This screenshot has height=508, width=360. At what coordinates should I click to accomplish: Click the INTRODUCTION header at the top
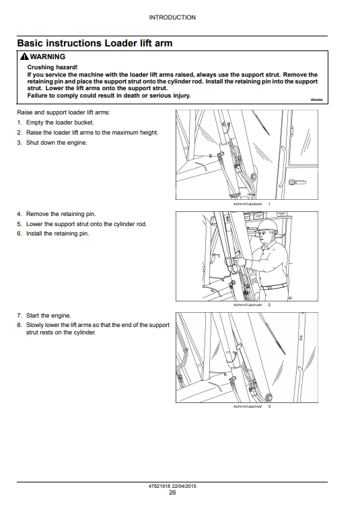pyautogui.click(x=172, y=17)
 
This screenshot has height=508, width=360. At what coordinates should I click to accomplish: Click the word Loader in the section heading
pyautogui.click(x=120, y=43)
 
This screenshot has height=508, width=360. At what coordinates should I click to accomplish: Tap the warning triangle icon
pyautogui.click(x=24, y=57)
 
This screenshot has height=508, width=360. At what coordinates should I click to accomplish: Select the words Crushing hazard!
pyautogui.click(x=52, y=67)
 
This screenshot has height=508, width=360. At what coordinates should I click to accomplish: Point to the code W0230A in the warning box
pyautogui.click(x=316, y=100)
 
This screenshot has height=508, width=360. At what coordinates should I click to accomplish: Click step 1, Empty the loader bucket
pyautogui.click(x=55, y=122)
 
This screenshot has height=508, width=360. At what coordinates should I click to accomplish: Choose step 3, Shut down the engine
pyautogui.click(x=52, y=143)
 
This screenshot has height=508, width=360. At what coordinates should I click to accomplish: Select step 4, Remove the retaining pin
pyautogui.click(x=57, y=214)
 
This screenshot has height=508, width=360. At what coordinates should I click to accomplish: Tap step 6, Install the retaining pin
pyautogui.click(x=52, y=233)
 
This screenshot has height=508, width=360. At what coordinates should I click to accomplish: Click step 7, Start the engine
pyautogui.click(x=44, y=316)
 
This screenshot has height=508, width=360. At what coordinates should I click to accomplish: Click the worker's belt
pyautogui.click(x=274, y=287)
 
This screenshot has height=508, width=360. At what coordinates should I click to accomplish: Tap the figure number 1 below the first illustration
pyautogui.click(x=269, y=204)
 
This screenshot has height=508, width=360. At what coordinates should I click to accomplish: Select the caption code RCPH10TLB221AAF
pyautogui.click(x=248, y=305)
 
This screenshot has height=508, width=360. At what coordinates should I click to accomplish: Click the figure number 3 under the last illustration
pyautogui.click(x=269, y=406)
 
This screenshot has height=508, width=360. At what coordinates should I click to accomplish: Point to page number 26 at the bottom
pyautogui.click(x=172, y=493)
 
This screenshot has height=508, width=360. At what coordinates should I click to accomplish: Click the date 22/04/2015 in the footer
pyautogui.click(x=184, y=486)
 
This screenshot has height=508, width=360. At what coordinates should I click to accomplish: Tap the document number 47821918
pyautogui.click(x=159, y=486)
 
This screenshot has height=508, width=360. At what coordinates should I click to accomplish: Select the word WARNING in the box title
pyautogui.click(x=48, y=57)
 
